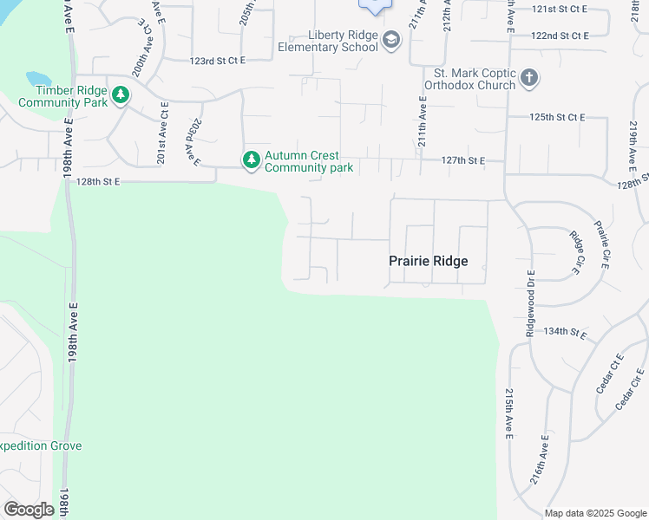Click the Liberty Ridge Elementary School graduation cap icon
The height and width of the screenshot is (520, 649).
point(391,40)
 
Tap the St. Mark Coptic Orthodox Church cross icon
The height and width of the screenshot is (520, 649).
point(529,80)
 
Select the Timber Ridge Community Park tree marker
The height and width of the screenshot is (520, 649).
point(121,95)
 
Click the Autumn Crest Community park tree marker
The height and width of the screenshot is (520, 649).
point(252,160)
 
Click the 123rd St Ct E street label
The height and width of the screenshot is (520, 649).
point(218,60)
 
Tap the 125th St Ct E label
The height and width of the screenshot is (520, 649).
point(558,117)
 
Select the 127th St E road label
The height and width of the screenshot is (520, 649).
point(462,160)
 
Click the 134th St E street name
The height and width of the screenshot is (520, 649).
point(564,331)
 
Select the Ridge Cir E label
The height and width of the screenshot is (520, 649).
point(574,252)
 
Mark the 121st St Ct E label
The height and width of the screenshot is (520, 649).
point(560,9)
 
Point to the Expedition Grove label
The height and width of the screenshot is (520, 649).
point(40,445)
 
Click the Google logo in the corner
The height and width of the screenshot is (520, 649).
point(29,510)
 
